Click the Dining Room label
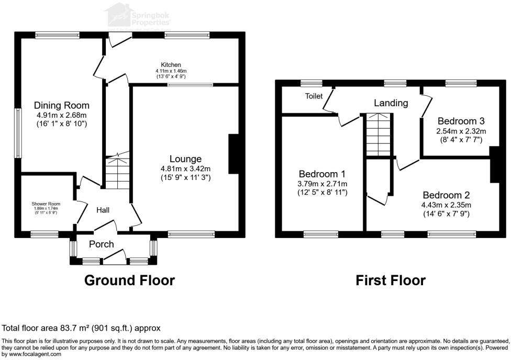point(62,105)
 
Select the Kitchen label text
point(171,65)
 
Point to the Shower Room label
point(46,204)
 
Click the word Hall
point(103,210)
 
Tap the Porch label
point(101,244)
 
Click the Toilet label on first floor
point(314,96)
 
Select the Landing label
point(391,103)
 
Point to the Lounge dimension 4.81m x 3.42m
point(185,168)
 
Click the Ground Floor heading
point(129,280)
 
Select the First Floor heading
point(391,280)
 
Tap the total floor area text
point(81,328)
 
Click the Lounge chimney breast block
point(234,154)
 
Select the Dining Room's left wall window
point(18,133)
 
